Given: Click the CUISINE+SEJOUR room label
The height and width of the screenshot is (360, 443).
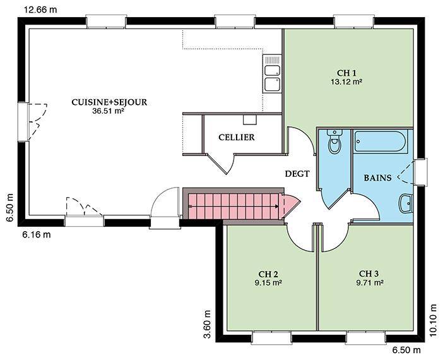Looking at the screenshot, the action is coord(109,102).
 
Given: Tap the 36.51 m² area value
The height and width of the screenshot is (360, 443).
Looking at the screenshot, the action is coord(108,111).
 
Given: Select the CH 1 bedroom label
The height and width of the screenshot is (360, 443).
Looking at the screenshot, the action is coord(346,73).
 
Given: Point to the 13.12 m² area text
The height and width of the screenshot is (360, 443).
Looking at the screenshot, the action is coord(346,81).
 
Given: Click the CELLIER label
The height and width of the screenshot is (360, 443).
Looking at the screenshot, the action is coord(237,138).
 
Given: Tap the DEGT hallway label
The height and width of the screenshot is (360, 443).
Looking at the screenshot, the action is coord(297,174).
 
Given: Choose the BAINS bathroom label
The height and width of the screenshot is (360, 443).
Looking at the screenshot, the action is coord(377,178).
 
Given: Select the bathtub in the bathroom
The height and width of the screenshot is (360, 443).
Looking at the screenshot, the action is coord(381,141).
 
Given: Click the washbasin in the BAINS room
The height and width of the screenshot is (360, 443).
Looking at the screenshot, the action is coord(406,203).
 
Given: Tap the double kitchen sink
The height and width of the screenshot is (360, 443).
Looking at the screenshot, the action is coord(273,73).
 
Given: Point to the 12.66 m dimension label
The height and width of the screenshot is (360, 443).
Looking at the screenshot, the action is coord(40,9).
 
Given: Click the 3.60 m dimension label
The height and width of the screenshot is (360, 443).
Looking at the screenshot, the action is coord(207,324).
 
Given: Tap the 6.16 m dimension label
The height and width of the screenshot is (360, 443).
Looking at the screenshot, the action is coord(37,234).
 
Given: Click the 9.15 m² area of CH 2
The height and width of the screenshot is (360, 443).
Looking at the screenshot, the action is coord(268,282).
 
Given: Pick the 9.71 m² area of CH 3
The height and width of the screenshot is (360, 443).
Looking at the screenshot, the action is coord(370,282).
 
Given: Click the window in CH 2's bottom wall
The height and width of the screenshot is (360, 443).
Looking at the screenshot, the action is coord(271,337).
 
